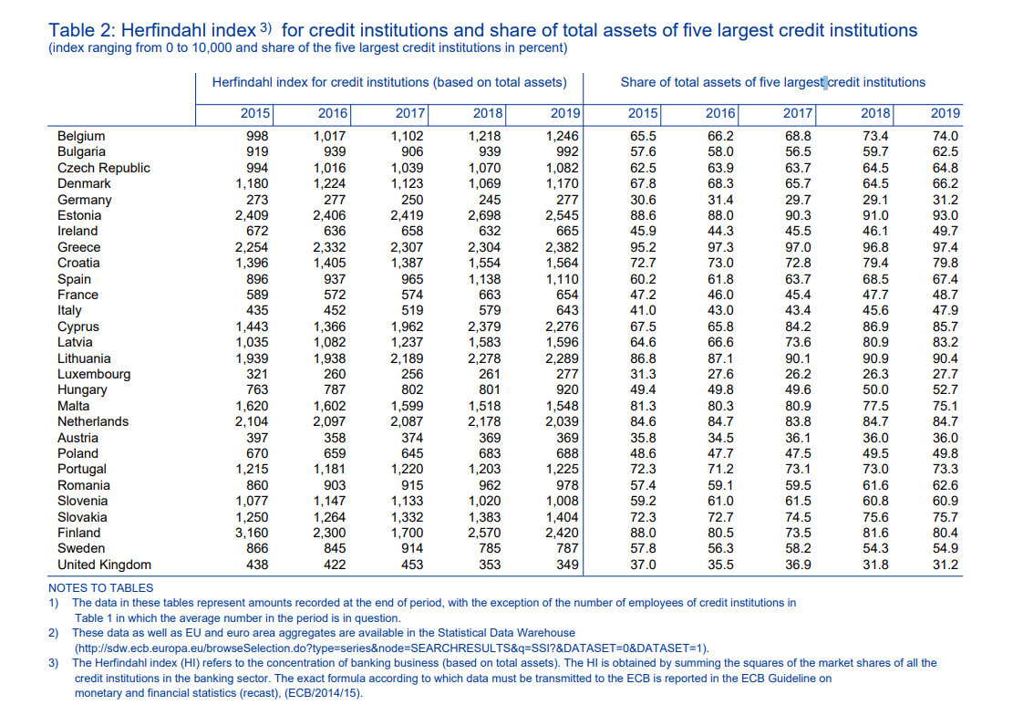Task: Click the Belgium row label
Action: tap(81, 136)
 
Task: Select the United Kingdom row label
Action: tap(104, 565)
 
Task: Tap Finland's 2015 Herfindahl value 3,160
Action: tap(253, 533)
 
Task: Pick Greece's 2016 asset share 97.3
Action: tap(720, 247)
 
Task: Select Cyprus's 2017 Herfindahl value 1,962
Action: tap(408, 327)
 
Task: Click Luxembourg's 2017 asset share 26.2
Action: tap(798, 374)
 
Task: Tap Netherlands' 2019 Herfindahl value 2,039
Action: tap(563, 421)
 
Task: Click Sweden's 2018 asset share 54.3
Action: tap(875, 548)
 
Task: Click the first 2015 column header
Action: tap(255, 113)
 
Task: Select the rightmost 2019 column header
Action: tap(945, 113)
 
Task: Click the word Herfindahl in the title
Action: tap(157, 30)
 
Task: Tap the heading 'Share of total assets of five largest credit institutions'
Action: tap(772, 82)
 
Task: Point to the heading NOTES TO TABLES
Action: tap(100, 588)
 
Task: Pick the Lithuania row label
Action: tap(84, 358)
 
